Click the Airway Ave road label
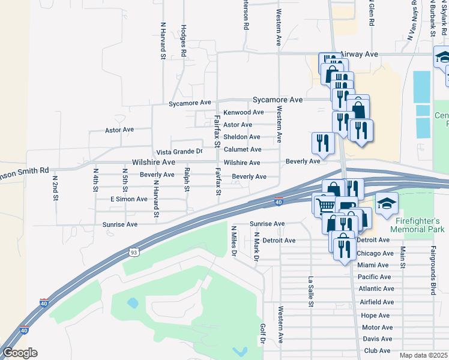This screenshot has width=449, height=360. tap(360, 54)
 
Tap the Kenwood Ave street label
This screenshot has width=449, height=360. tap(243, 112)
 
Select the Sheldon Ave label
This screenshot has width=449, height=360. tap(242, 137)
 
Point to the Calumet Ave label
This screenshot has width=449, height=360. tap(242, 149)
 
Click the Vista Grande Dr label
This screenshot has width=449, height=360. tap(179, 152)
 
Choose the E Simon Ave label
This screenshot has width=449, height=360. tap(129, 199)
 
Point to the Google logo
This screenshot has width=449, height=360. tap(20, 353)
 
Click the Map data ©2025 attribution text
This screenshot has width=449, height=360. tap(424, 355)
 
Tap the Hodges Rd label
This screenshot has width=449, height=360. tap(184, 41)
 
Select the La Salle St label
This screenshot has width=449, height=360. tap(311, 291)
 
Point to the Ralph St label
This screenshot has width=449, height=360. tap(187, 180)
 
